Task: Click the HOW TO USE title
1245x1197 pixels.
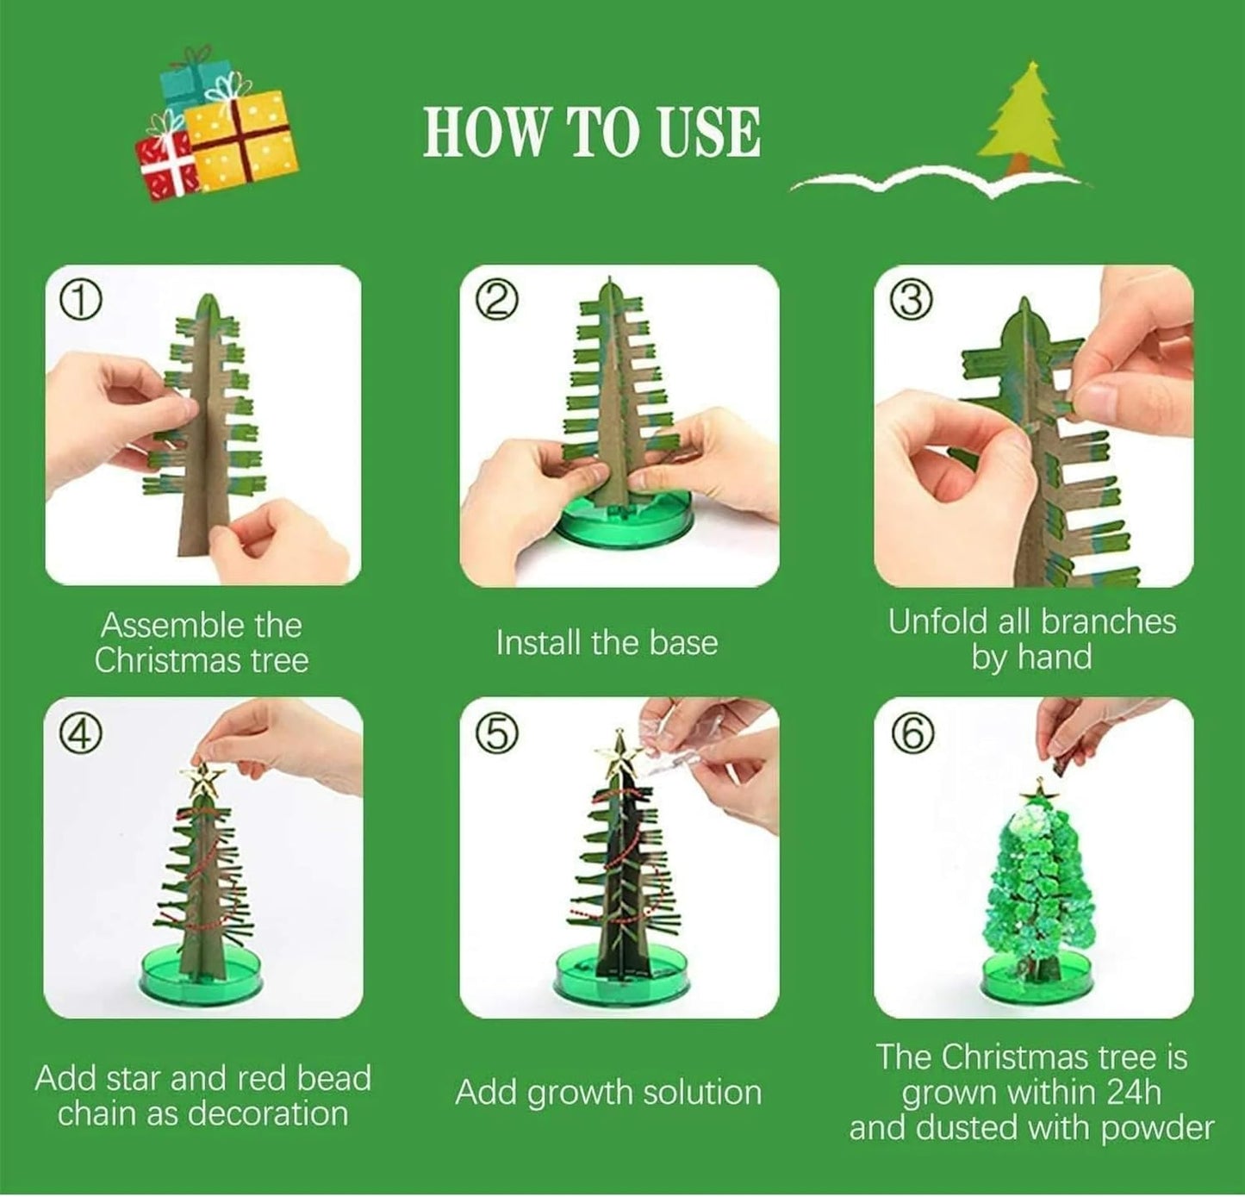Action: click(592, 134)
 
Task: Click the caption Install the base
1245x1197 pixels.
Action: click(607, 643)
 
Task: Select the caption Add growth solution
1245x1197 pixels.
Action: click(608, 1093)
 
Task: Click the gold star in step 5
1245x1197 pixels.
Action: click(619, 750)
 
